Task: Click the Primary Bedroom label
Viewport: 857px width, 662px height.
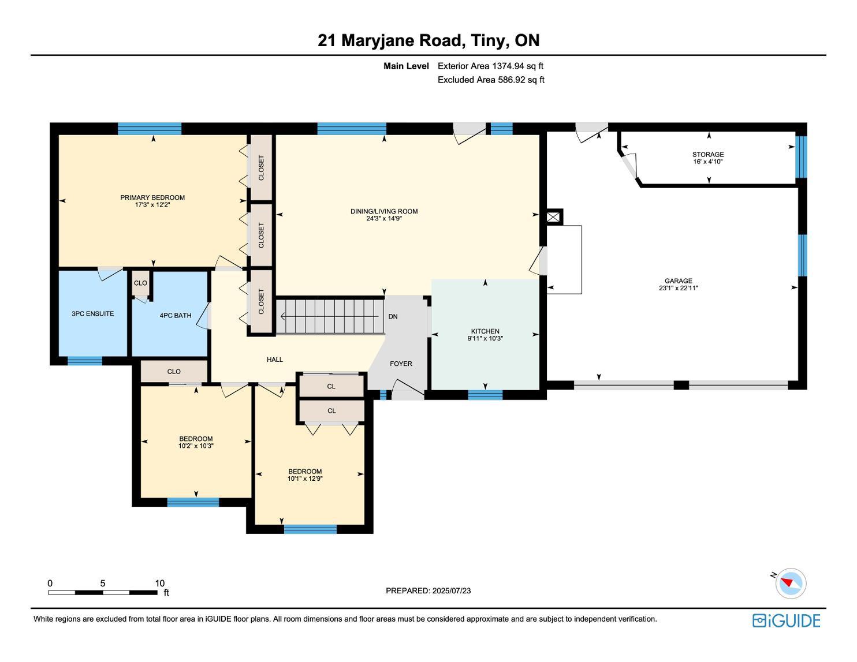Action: pyautogui.click(x=152, y=197)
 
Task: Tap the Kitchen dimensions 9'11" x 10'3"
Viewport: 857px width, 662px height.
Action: pyautogui.click(x=485, y=338)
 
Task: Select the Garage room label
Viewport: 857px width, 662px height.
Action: pyautogui.click(x=679, y=280)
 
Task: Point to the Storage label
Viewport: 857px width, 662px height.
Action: pyautogui.click(x=708, y=155)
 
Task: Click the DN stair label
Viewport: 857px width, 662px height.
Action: pyautogui.click(x=393, y=316)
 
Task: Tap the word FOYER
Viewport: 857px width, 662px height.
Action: pyautogui.click(x=401, y=364)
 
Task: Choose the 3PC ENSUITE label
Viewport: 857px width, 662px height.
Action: pyautogui.click(x=92, y=313)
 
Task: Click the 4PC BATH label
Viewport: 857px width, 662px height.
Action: pyautogui.click(x=176, y=315)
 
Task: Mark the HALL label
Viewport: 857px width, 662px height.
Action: pyautogui.click(x=274, y=360)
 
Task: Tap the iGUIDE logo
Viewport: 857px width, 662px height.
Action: pyautogui.click(x=787, y=620)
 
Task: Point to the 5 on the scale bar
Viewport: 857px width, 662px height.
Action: pyautogui.click(x=103, y=583)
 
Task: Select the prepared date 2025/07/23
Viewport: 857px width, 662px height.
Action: pyautogui.click(x=451, y=590)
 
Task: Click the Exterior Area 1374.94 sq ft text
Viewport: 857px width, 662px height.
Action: pyautogui.click(x=490, y=66)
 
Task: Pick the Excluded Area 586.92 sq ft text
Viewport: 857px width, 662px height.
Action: pyautogui.click(x=491, y=80)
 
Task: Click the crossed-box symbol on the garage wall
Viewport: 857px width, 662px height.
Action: pyautogui.click(x=553, y=217)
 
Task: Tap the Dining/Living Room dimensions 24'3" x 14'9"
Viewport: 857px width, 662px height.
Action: pyautogui.click(x=383, y=218)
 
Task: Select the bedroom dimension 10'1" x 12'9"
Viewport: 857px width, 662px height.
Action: pyautogui.click(x=305, y=478)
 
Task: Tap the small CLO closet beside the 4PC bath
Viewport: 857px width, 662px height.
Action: pyautogui.click(x=140, y=283)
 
